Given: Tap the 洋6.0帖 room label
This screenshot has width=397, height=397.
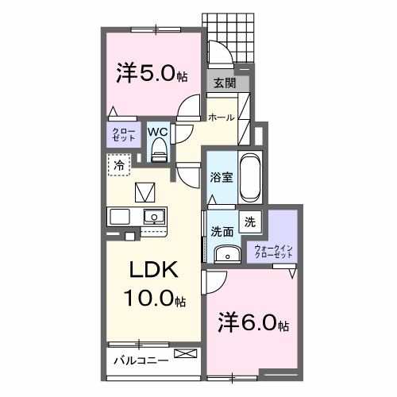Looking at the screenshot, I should [x=254, y=324].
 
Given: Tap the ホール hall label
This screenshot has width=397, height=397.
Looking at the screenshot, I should [x=221, y=118].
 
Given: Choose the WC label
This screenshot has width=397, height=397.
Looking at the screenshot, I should [x=157, y=131].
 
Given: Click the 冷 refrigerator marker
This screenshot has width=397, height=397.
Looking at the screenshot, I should [x=119, y=166].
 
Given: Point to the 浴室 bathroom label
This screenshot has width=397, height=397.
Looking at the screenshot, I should [x=222, y=176].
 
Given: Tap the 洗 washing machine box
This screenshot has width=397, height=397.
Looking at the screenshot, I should [x=249, y=223].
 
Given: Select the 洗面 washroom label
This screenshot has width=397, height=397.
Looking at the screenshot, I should [x=222, y=232].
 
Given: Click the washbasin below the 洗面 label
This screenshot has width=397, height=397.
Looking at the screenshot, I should [x=225, y=253].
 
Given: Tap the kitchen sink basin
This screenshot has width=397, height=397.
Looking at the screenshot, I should [x=153, y=216].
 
